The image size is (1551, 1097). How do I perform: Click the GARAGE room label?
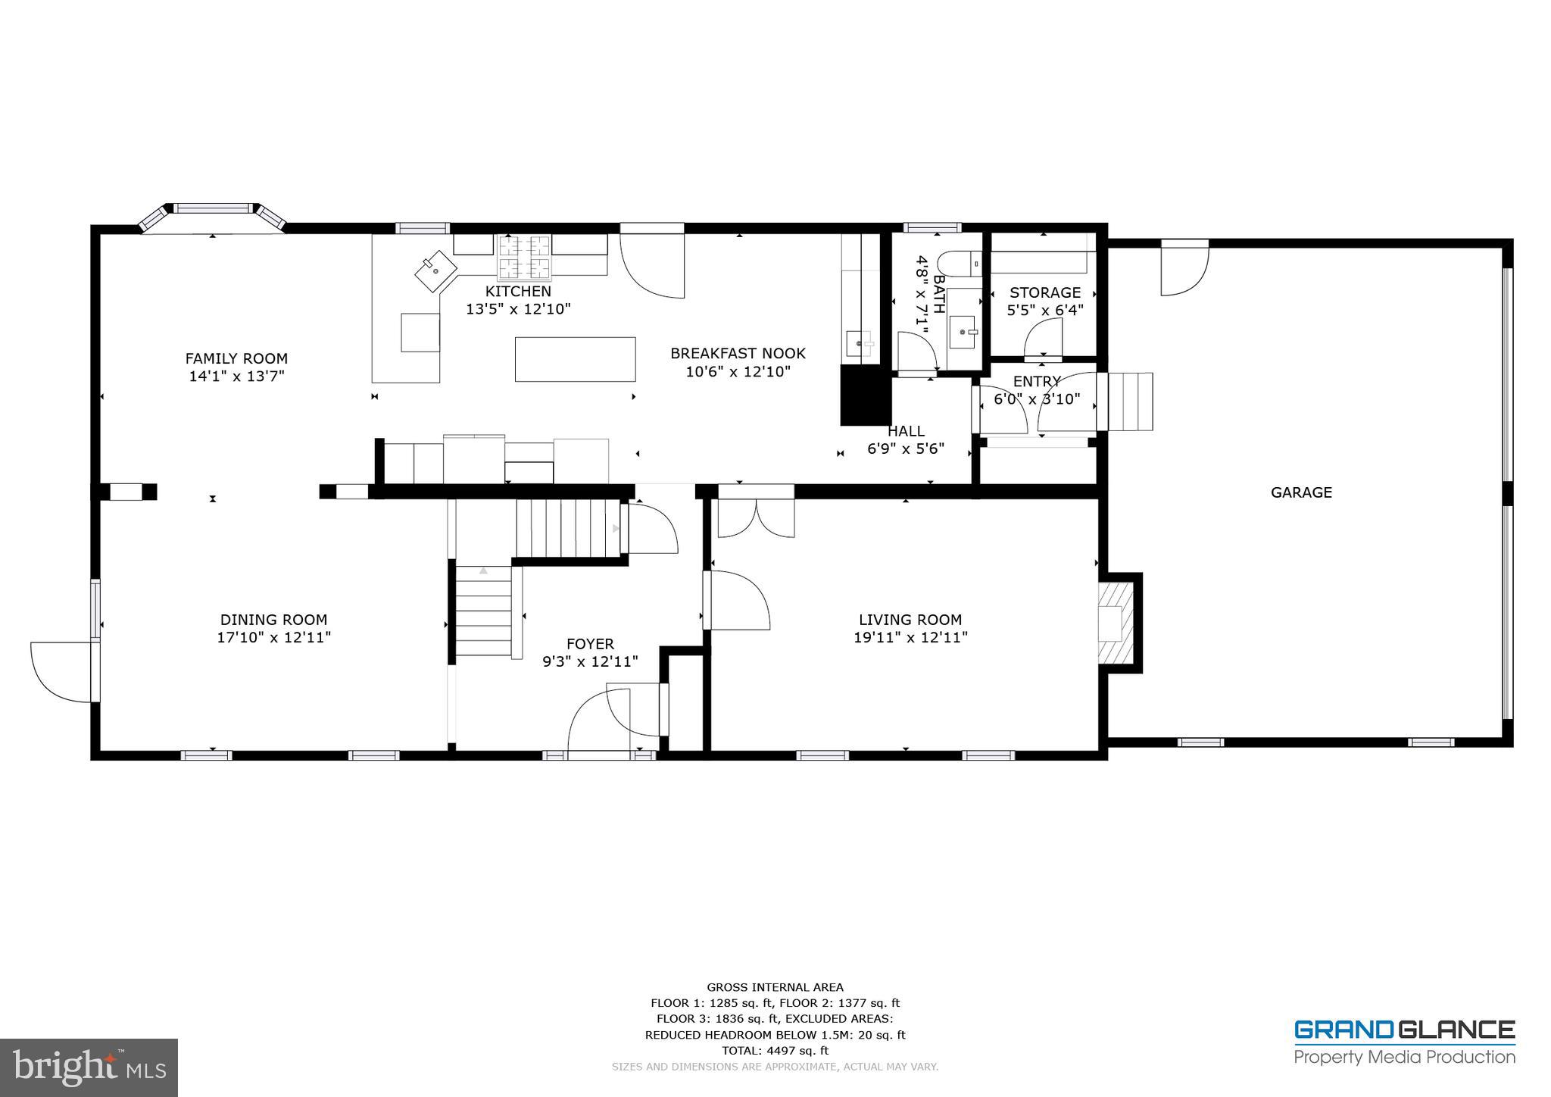pyautogui.click(x=1300, y=492)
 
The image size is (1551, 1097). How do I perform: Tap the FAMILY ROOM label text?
pyautogui.click(x=236, y=358)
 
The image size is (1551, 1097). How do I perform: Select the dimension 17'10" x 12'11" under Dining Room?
pyautogui.click(x=273, y=638)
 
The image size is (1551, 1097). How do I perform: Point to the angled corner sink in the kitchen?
pyautogui.click(x=435, y=270)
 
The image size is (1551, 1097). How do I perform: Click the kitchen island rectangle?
pyautogui.click(x=575, y=359)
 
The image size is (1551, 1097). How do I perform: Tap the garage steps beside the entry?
pyautogui.click(x=1130, y=402)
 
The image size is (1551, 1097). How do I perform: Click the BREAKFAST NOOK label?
pyautogui.click(x=738, y=353)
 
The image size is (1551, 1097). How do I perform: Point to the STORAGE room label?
pyautogui.click(x=1044, y=292)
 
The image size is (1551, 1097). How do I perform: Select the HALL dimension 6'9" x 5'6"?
pyautogui.click(x=905, y=448)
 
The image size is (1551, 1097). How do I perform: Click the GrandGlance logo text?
pyautogui.click(x=1404, y=1030)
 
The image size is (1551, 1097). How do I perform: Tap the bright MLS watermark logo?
pyautogui.click(x=89, y=1067)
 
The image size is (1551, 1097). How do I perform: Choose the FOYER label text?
pyautogui.click(x=590, y=644)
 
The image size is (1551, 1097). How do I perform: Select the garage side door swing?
pyautogui.click(x=1184, y=270)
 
